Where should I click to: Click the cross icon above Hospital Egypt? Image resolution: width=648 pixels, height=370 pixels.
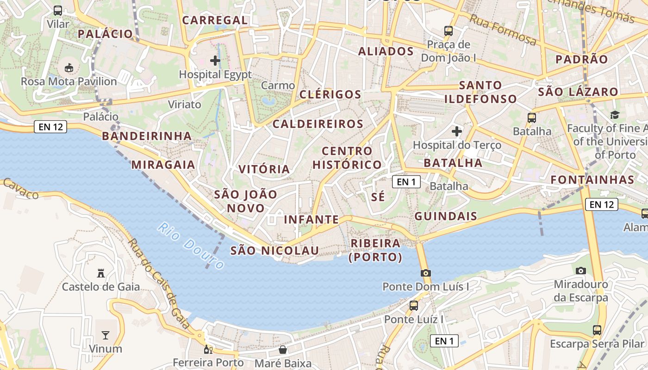[215, 61]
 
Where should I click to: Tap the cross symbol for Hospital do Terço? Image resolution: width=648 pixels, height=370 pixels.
[457, 131]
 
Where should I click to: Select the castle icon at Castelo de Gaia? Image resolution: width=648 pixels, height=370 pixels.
[101, 273]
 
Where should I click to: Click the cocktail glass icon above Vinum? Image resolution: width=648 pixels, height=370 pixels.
[106, 335]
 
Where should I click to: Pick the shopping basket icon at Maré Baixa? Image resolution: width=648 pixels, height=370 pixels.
[282, 350]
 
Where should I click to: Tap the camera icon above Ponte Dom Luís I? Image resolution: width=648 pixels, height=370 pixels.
[426, 273]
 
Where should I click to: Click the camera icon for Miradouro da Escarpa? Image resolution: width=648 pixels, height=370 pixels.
[581, 271]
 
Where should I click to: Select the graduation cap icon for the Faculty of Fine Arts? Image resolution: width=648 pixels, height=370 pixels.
[615, 115]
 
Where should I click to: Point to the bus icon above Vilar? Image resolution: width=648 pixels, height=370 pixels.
[58, 11]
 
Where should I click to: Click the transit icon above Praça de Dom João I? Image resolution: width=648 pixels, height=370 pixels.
[449, 31]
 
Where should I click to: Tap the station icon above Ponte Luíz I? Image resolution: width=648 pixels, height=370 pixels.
[414, 305]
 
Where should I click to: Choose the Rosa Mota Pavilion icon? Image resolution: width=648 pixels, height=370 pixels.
[69, 68]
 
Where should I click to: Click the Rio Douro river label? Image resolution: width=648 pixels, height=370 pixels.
[191, 246]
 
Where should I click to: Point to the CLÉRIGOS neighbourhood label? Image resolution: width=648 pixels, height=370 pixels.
[330, 94]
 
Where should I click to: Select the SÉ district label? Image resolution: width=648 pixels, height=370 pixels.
[378, 197]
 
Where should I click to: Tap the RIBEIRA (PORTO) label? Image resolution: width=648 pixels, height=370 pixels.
[375, 250]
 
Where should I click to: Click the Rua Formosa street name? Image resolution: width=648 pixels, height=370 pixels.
[503, 30]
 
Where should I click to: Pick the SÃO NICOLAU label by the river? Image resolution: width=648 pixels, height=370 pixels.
[274, 251]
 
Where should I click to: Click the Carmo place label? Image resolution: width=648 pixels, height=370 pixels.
[278, 86]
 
